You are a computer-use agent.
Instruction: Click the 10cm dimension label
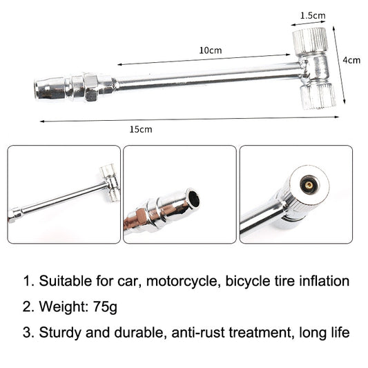[x=211, y=50]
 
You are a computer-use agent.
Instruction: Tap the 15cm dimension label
[x=140, y=129]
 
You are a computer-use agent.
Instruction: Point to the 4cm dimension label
[x=351, y=60]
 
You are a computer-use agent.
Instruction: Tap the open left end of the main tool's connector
[x=41, y=89]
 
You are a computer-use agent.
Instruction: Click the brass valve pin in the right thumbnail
[x=307, y=184]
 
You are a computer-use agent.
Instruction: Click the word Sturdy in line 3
[x=59, y=332]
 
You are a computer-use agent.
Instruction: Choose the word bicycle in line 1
[x=251, y=281]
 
